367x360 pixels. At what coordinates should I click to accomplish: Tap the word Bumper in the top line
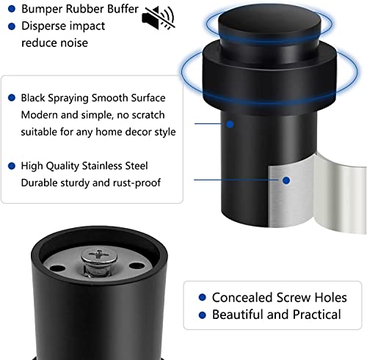pos(43,10)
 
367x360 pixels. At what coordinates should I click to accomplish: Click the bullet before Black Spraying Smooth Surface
pos(11,97)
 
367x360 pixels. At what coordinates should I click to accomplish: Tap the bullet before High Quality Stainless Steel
pos(11,166)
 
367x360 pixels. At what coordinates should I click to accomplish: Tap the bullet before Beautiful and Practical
pos(201,315)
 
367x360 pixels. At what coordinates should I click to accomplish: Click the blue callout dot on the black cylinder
pos(230,125)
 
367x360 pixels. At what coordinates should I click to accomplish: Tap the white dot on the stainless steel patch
pos(286,179)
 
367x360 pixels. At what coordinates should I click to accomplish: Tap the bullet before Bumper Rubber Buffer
pos(11,10)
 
